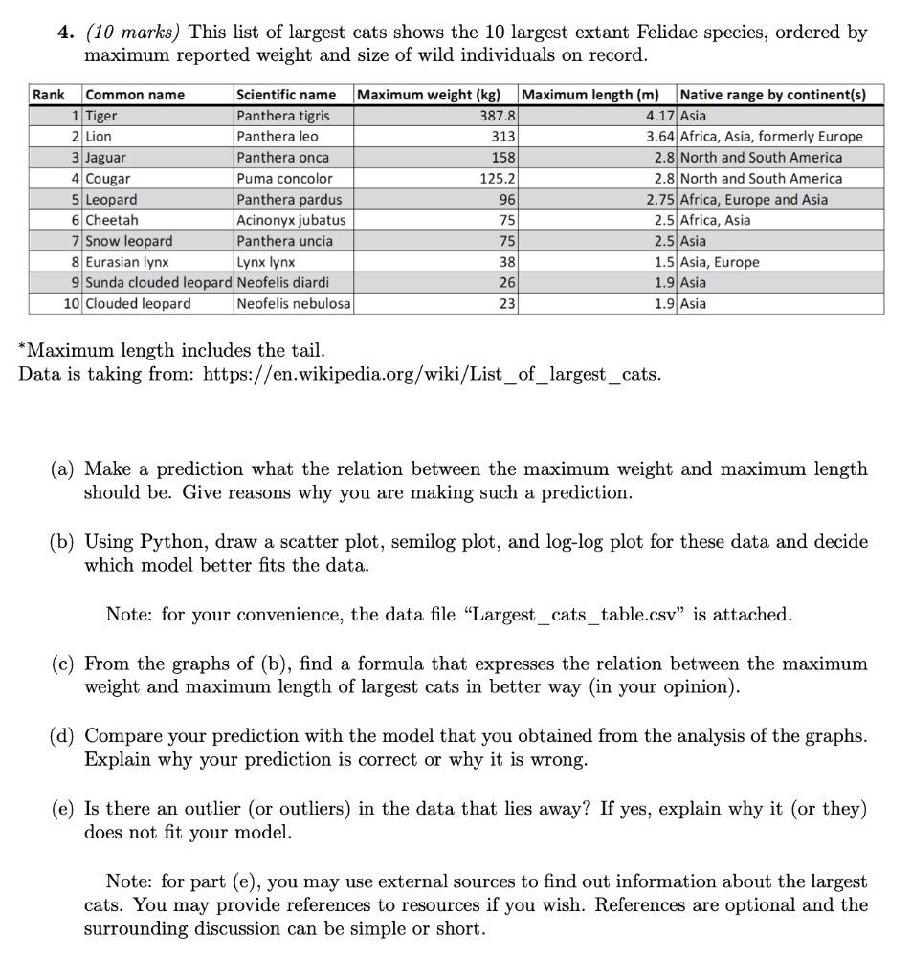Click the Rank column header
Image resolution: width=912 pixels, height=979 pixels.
49,95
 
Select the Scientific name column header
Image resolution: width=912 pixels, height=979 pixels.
286,95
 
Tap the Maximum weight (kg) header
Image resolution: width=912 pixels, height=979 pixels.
429,95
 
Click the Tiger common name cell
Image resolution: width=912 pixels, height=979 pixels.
100,116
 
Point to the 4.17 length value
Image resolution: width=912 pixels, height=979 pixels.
659,116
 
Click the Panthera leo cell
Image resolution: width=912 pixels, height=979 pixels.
278,137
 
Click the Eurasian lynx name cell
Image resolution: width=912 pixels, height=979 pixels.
127,262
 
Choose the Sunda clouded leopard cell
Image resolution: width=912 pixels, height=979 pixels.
159,283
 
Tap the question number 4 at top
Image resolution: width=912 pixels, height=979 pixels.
63,33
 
